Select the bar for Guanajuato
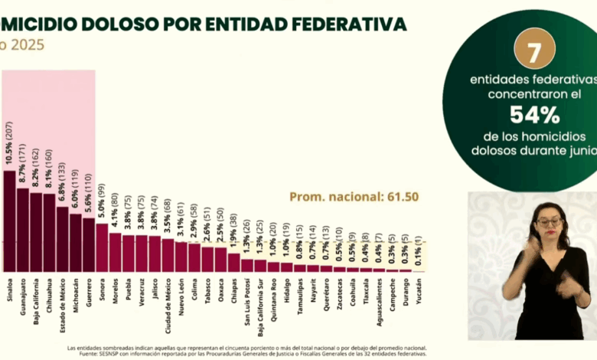coord(23,230)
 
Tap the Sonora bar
coord(102,247)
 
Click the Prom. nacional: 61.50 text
coord(354,197)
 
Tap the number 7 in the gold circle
coord(533,51)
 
